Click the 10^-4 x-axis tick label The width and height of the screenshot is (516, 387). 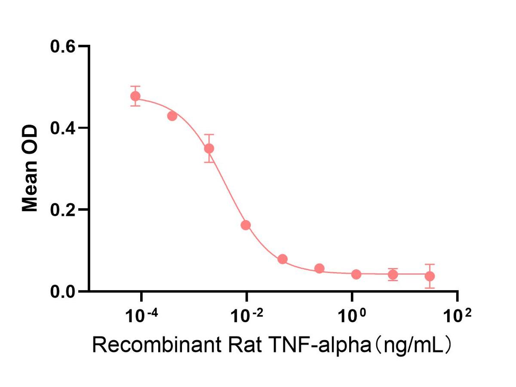click(140, 317)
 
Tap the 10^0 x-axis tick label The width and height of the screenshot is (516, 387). click(352, 317)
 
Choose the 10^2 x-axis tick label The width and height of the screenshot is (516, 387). click(457, 317)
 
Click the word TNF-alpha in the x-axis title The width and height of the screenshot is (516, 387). click(325, 345)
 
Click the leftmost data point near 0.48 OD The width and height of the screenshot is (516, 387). click(135, 96)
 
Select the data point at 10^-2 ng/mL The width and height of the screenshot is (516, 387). click(246, 225)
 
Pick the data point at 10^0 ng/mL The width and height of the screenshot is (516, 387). click(356, 274)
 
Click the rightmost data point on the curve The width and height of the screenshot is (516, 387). click(430, 276)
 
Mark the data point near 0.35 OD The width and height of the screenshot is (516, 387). click(209, 148)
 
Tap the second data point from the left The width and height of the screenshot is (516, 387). click(172, 116)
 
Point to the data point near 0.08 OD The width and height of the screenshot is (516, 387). click(283, 259)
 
